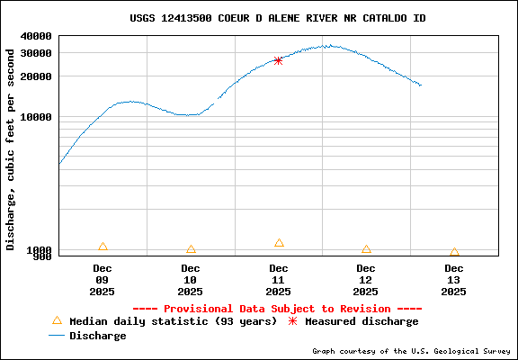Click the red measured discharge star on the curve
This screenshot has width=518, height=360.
pos(278,60)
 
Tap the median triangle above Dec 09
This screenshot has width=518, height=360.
pos(103,247)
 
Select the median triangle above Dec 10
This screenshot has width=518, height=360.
pos(191,249)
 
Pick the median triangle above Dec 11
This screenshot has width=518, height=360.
pos(279,243)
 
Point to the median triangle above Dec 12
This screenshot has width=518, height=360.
pos(366,249)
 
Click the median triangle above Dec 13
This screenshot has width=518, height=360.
pos(454,252)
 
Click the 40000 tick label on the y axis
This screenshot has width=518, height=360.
pos(35,36)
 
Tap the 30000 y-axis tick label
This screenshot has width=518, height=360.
pos(35,53)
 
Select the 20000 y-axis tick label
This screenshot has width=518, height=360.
pos(35,76)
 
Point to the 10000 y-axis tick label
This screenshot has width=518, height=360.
pos(35,117)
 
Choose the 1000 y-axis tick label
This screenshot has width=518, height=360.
pos(39,250)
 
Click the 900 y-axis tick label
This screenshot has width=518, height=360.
pos(41,256)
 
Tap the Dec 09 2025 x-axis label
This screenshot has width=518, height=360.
pos(103,279)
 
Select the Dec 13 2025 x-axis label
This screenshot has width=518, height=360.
pos(454,279)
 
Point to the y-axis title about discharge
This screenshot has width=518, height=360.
pos(11,148)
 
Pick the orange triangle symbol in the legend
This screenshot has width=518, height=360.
pos(57,320)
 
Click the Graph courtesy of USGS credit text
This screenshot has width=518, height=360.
pos(412,351)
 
